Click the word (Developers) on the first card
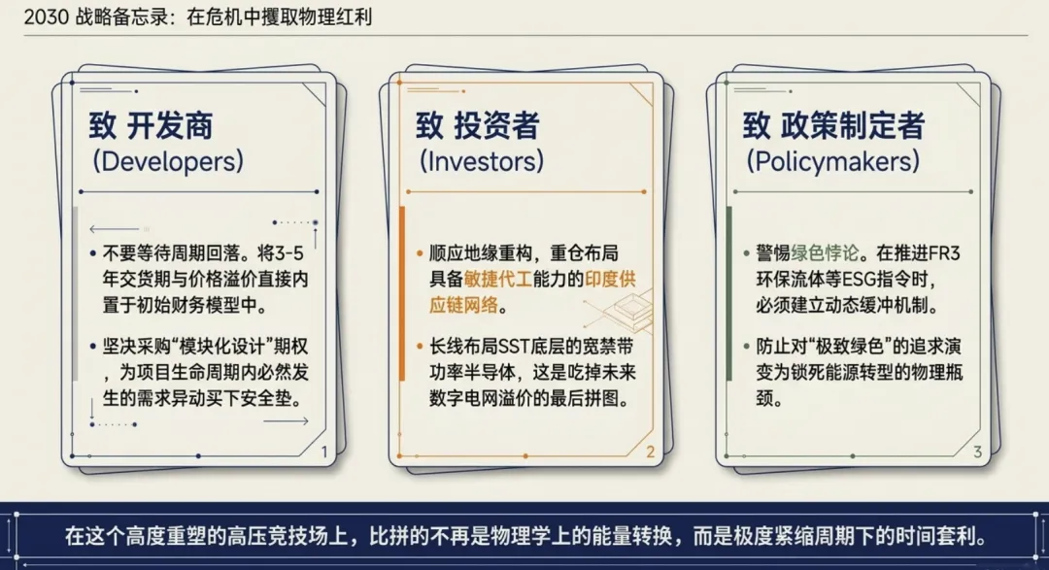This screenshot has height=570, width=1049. [x=167, y=161]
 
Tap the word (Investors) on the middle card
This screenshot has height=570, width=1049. [x=481, y=161]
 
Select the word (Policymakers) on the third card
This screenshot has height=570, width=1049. [x=832, y=161]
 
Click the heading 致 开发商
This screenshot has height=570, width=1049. [x=151, y=126]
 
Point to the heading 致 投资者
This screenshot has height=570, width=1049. [x=478, y=126]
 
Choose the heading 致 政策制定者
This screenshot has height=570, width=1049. [x=833, y=126]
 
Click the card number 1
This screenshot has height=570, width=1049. [x=323, y=451]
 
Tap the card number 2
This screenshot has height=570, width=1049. [x=651, y=451]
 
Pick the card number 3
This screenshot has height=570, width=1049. [x=977, y=451]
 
